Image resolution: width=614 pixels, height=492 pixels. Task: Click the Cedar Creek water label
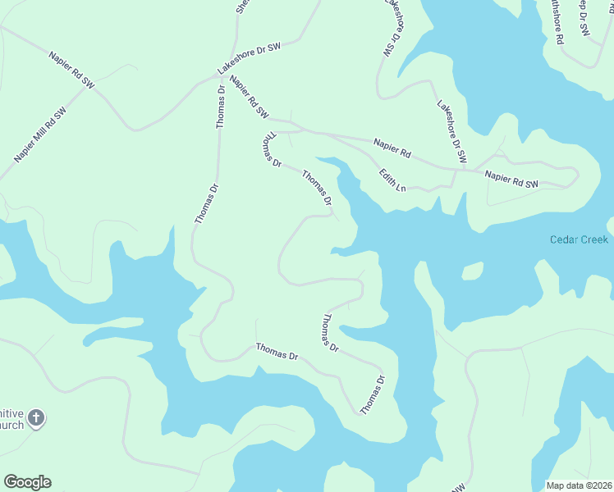(579, 239)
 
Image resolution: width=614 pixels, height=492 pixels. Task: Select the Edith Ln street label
(392, 180)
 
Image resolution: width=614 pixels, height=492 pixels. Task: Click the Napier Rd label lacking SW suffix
(392, 148)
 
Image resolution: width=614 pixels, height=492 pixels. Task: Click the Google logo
(27, 482)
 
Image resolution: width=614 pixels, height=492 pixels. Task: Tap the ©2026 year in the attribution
(599, 485)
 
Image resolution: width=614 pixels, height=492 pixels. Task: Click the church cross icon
(35, 419)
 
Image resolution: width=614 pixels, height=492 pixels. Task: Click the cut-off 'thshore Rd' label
(557, 22)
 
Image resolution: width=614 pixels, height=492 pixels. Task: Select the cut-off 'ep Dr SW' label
(584, 16)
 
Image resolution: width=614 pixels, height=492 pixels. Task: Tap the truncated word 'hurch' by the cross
(11, 426)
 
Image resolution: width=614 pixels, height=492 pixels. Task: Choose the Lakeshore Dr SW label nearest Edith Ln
(451, 131)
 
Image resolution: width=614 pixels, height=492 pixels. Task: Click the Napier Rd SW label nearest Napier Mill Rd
(72, 71)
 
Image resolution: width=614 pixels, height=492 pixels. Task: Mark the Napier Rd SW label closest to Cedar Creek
(511, 180)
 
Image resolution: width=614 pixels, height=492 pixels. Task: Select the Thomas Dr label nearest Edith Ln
(317, 188)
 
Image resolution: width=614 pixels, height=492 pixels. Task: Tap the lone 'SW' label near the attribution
(457, 487)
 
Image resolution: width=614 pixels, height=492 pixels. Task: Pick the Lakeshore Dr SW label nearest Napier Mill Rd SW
(249, 58)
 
